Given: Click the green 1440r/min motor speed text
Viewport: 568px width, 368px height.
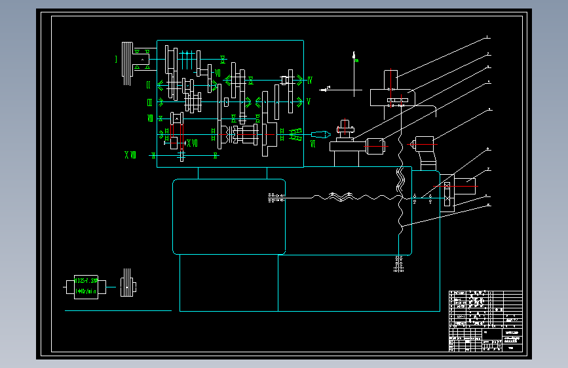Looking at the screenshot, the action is pos(86,291).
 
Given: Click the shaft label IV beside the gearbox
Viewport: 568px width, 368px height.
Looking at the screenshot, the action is pos(309,81).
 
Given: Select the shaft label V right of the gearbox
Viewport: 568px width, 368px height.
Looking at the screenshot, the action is pos(308,101).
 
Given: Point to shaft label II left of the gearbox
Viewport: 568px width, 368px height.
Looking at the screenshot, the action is pos(149,85).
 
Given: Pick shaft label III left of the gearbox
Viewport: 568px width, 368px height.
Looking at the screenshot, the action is pos(149,102).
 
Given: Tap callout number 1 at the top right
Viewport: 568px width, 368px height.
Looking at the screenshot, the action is pos(487,37).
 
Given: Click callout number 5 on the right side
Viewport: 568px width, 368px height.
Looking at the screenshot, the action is pos(487,111).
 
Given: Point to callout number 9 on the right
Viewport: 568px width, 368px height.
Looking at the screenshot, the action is pos(487,205).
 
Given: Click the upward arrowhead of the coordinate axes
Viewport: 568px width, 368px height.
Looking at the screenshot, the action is pos(354,54).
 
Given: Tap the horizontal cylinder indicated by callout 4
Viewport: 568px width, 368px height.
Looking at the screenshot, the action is pos(375,146).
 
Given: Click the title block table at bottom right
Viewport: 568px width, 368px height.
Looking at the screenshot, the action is pos(485,321).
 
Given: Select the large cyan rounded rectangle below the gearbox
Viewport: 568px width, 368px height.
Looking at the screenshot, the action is pos(229,216).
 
